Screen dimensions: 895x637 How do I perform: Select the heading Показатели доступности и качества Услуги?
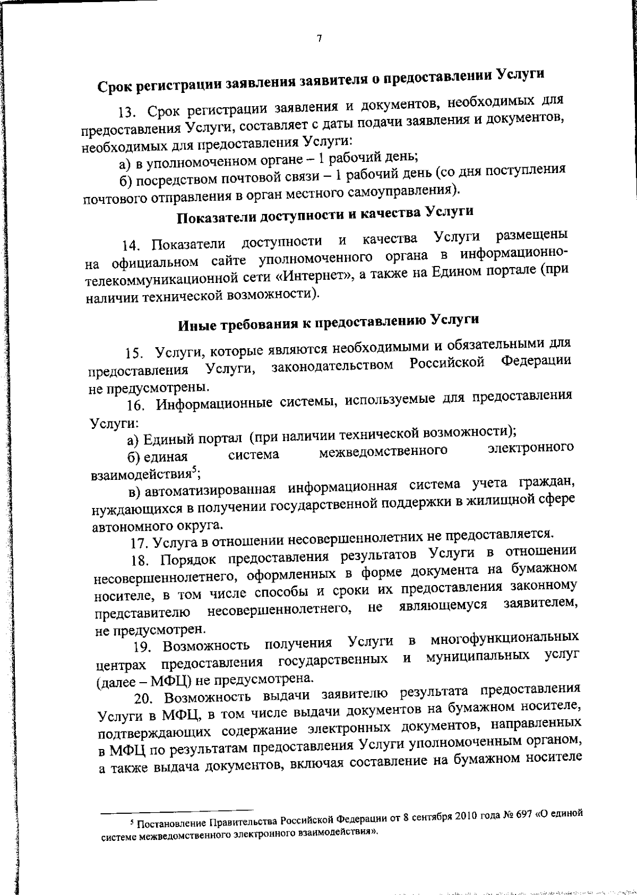tap(324, 214)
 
